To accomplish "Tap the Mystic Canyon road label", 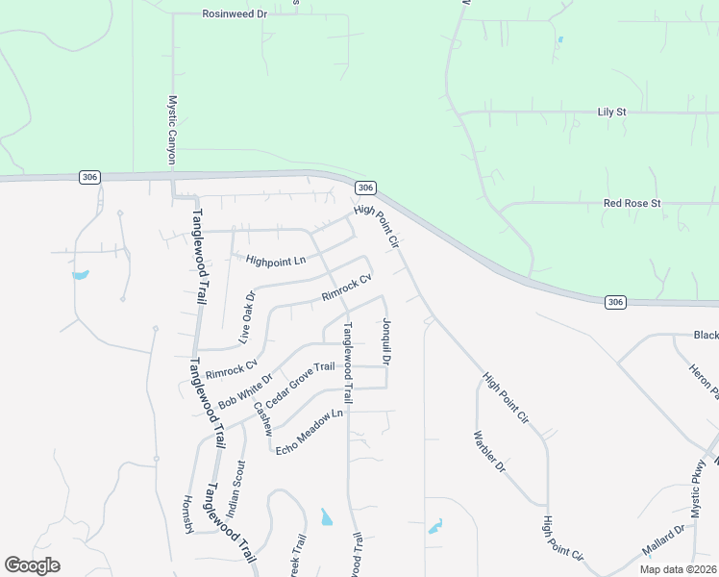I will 173,129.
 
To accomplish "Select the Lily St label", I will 611,113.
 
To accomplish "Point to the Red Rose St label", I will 632,204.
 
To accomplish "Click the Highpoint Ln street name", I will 275,261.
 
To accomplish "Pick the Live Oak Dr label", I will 248,317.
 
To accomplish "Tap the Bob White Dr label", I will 246,390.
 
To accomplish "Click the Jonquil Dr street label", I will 386,342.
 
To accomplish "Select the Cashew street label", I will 263,416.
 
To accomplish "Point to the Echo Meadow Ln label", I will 309,433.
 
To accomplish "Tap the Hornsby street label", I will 188,514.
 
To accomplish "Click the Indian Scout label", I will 236,487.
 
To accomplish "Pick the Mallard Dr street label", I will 664,540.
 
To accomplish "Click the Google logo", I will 32,565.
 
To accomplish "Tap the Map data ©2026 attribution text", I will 677,569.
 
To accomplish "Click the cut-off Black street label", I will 706,336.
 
